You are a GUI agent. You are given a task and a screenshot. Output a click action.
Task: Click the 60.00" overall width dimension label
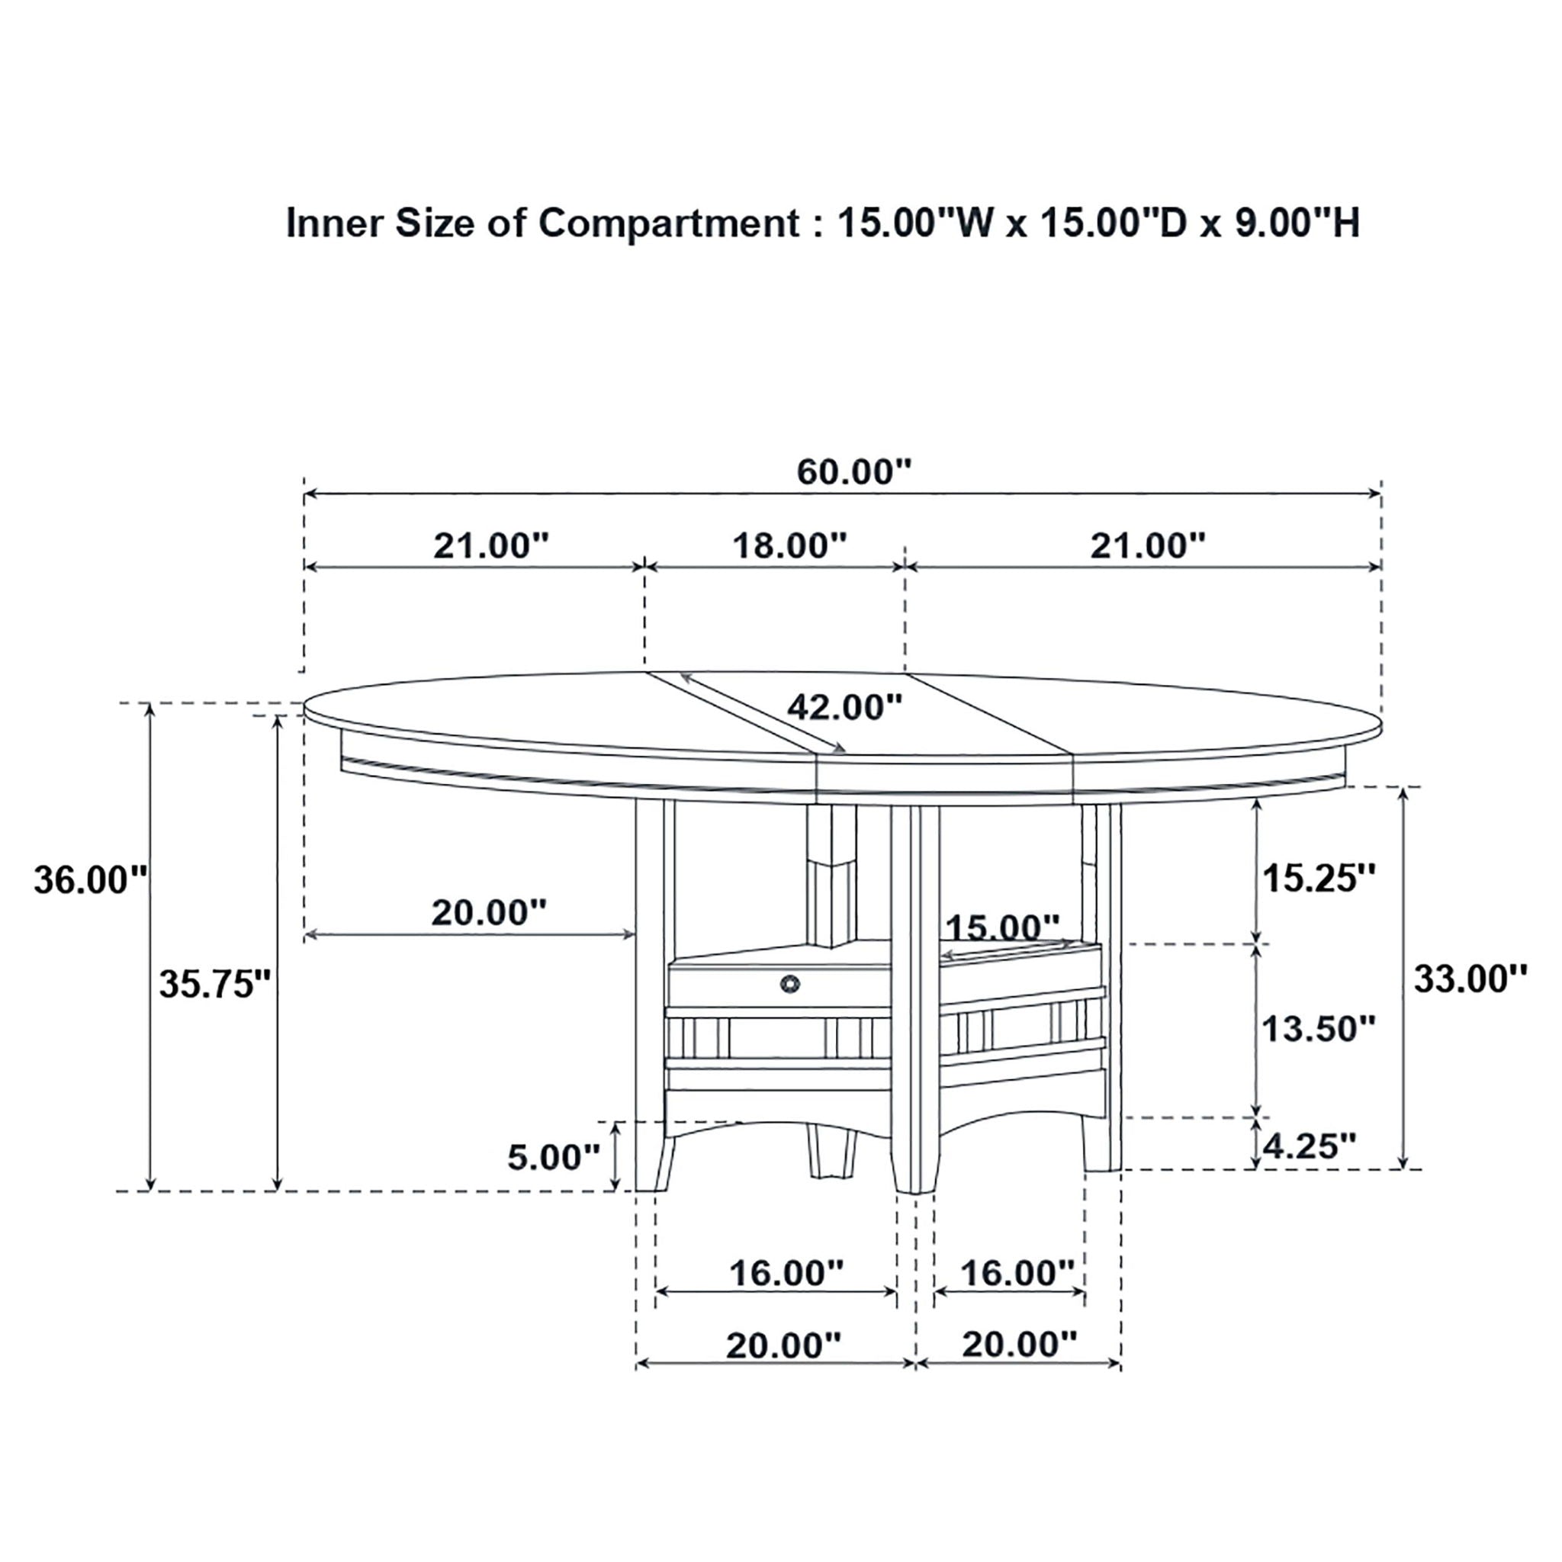pyautogui.click(x=853, y=472)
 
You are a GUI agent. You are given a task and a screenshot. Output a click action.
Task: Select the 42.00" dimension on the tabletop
pyautogui.click(x=844, y=708)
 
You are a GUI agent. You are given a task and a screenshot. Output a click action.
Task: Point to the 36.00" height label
pyautogui.click(x=91, y=880)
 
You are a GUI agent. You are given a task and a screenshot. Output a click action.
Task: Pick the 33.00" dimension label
pyautogui.click(x=1470, y=979)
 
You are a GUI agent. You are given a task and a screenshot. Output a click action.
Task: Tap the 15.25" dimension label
pyautogui.click(x=1319, y=879)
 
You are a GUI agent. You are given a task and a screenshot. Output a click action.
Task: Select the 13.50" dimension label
pyautogui.click(x=1319, y=1029)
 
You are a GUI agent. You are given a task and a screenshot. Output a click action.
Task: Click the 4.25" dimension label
pyautogui.click(x=1308, y=1146)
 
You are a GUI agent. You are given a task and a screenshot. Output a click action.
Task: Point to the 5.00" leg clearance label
pyautogui.click(x=554, y=1158)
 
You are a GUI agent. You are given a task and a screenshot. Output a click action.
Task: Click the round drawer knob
pyautogui.click(x=790, y=983)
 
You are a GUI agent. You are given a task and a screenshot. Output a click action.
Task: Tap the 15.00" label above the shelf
pyautogui.click(x=1002, y=927)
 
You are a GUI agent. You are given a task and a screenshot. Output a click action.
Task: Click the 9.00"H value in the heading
pyautogui.click(x=1297, y=224)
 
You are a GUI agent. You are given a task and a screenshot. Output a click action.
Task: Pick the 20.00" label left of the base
pyautogui.click(x=488, y=913)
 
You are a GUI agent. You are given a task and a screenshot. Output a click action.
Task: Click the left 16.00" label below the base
pyautogui.click(x=786, y=1274)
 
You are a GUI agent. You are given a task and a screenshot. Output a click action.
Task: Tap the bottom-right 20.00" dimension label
pyautogui.click(x=1020, y=1345)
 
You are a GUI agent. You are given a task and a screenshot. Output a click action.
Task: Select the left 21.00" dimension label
pyautogui.click(x=490, y=547)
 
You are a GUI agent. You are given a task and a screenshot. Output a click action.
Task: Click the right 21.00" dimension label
pyautogui.click(x=1147, y=547)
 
